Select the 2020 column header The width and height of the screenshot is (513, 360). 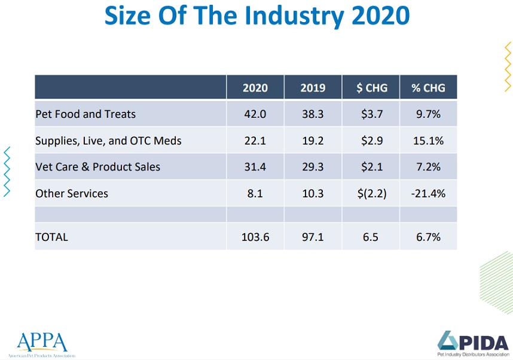tap(255, 87)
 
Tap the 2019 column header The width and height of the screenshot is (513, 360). tap(313, 87)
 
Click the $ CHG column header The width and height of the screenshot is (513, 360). tap(371, 87)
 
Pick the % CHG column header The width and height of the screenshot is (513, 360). tap(428, 87)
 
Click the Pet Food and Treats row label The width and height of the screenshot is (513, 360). tap(85, 114)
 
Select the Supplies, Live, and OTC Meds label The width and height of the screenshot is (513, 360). tap(108, 141)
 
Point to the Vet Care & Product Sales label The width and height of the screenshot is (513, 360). tap(97, 167)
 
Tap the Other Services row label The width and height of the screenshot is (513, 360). tap(72, 193)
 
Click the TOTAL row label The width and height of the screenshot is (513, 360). tap(51, 237)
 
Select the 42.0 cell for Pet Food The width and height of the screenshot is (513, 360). tap(255, 114)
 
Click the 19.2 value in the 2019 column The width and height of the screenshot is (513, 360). tap(313, 141)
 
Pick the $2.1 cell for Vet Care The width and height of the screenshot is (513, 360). tap(371, 167)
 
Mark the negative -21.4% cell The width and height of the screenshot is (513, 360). tap(428, 193)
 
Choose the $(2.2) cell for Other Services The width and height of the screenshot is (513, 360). tap(371, 193)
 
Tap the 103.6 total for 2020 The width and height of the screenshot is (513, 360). tap(255, 237)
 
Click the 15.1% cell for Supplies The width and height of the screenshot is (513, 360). tap(428, 141)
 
